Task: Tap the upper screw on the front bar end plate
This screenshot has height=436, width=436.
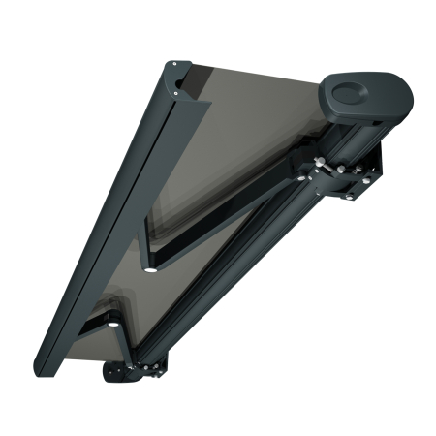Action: (173, 64)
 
